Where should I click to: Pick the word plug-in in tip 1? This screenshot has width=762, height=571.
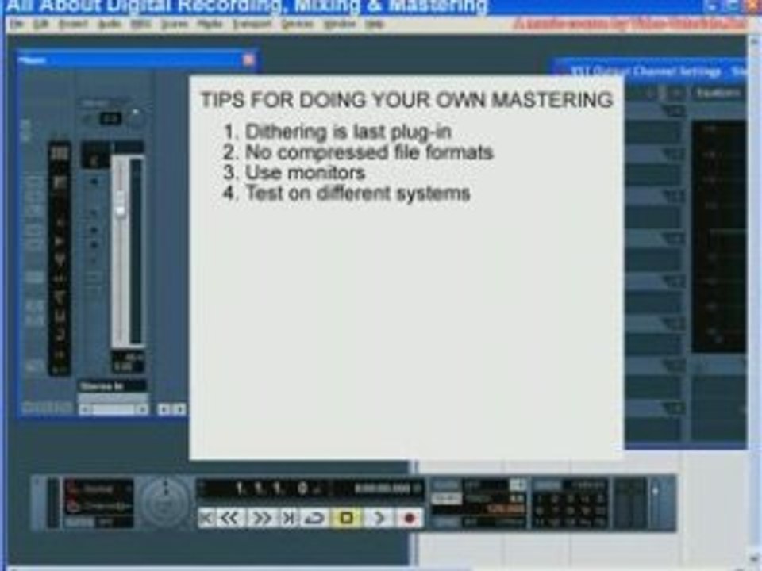coord(423,132)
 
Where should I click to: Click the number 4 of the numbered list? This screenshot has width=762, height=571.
coord(230,193)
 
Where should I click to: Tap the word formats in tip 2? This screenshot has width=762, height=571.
coord(456,152)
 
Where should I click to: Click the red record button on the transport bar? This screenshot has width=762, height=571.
coord(410,519)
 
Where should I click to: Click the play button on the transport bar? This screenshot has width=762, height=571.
coord(379,519)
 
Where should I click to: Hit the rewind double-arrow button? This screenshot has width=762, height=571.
coord(229,519)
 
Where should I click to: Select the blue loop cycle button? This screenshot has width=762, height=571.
coord(316,519)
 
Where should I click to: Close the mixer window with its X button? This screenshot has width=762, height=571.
coord(248,59)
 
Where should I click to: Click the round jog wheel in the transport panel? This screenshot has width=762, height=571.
coord(164,503)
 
